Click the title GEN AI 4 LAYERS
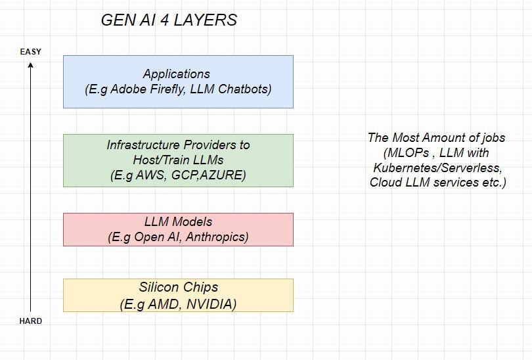[x=169, y=20]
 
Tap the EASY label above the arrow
[x=30, y=51]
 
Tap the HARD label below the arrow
[x=30, y=321]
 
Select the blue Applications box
[x=178, y=81]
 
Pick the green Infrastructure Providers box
[x=178, y=160]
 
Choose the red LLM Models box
[x=178, y=229]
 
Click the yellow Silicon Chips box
[x=178, y=295]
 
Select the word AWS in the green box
[x=152, y=175]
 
